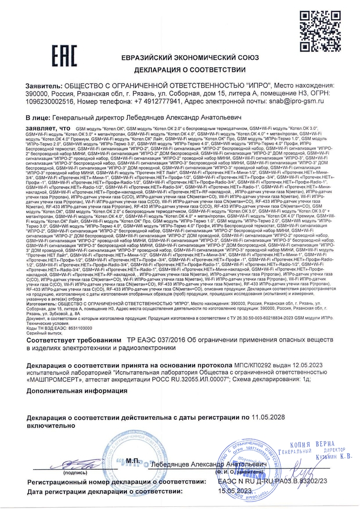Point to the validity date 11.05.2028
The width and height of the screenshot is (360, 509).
point(269,418)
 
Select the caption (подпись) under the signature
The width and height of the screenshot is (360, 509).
point(75,472)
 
